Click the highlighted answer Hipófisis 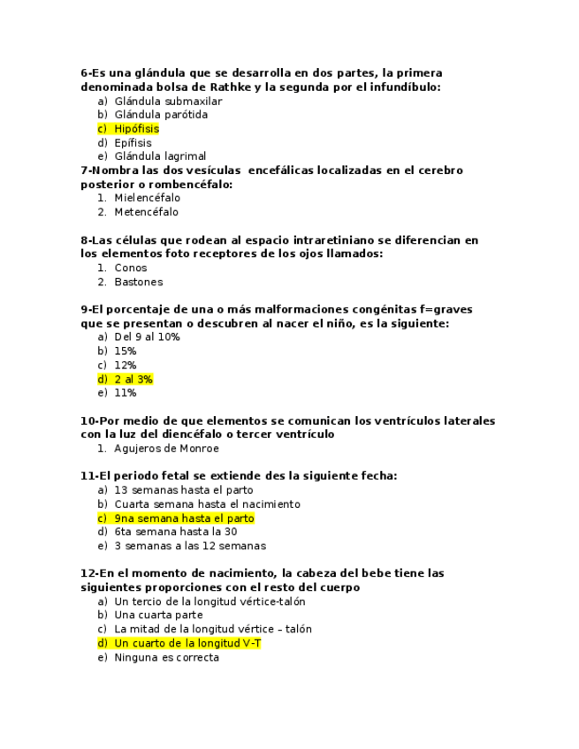136,129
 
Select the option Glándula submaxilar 168,101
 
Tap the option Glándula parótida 161,115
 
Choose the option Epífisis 133,143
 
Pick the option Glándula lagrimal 160,156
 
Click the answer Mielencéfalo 147,198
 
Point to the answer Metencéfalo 146,212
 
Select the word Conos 131,268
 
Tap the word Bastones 139,282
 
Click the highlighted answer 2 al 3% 133,379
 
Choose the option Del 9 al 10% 147,337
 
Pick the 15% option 126,352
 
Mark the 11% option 126,393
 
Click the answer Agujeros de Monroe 166,449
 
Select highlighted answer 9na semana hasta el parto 184,518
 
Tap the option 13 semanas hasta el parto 184,490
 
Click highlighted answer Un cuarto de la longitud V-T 187,643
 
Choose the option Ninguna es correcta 167,657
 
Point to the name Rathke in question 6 232,87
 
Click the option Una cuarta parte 158,615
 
